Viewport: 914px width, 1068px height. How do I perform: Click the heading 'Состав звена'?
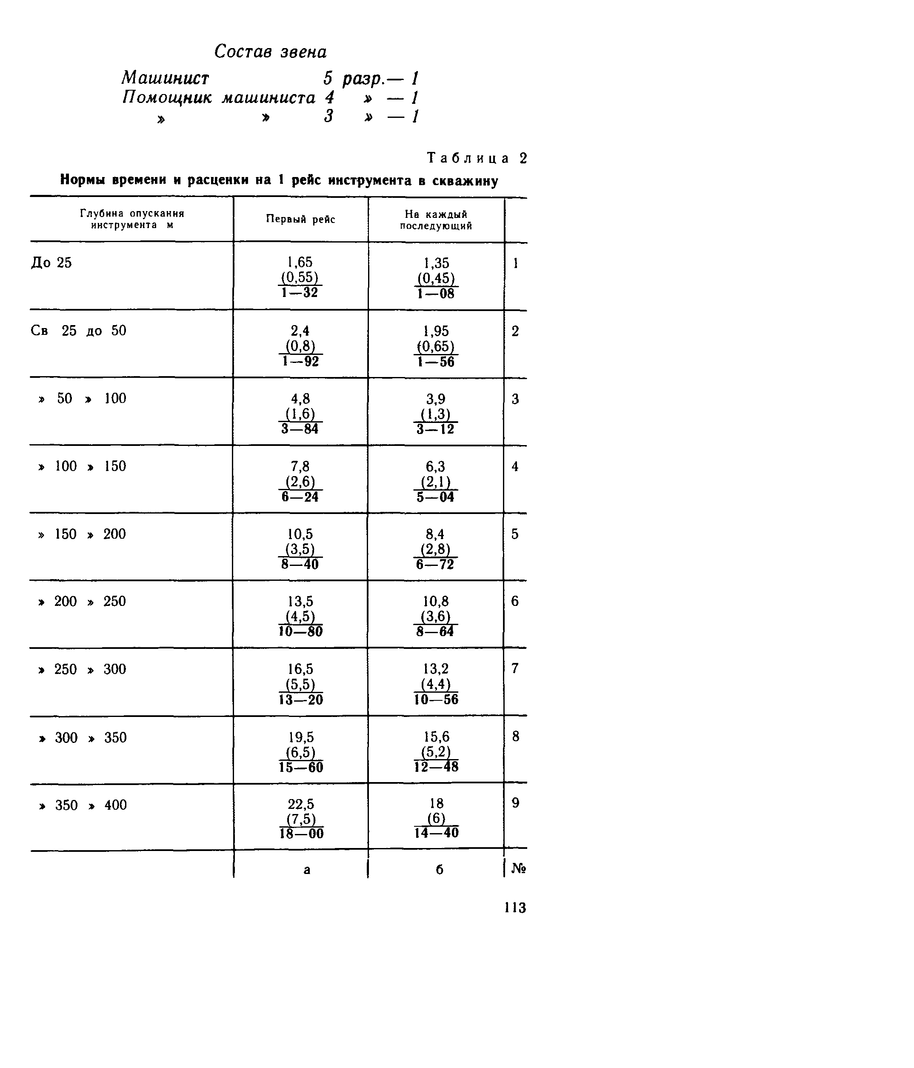[x=270, y=51]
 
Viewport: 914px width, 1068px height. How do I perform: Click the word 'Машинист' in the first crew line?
[x=166, y=78]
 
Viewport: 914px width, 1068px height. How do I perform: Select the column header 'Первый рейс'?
[x=300, y=219]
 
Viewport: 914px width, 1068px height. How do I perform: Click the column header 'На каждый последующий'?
[x=436, y=220]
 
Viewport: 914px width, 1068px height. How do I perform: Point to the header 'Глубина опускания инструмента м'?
[x=132, y=219]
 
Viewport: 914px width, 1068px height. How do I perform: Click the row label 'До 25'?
[x=51, y=263]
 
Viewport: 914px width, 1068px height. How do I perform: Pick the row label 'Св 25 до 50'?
[x=78, y=331]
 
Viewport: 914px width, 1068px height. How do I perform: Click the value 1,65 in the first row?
[x=300, y=263]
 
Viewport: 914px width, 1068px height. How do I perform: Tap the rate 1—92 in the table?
[x=300, y=361]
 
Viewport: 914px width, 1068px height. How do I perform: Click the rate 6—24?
[x=300, y=497]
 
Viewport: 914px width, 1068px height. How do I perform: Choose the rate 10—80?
[x=300, y=631]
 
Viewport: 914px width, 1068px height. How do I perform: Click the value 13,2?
[x=436, y=669]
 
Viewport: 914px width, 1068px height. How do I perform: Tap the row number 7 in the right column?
[x=515, y=669]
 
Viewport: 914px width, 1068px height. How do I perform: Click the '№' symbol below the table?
[x=518, y=869]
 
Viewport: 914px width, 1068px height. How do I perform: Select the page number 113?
[x=515, y=908]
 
